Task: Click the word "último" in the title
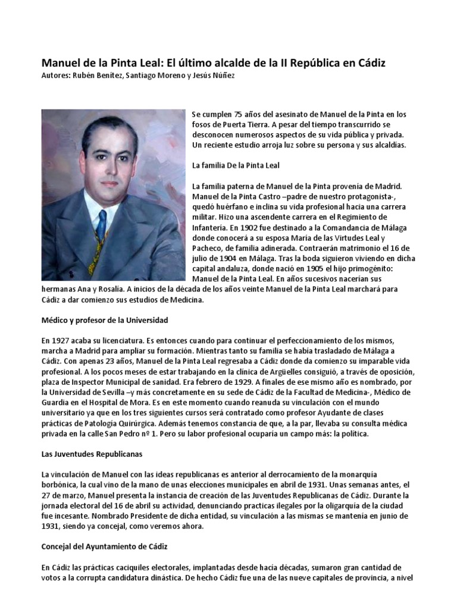tap(191, 62)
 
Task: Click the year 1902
tap(251, 227)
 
